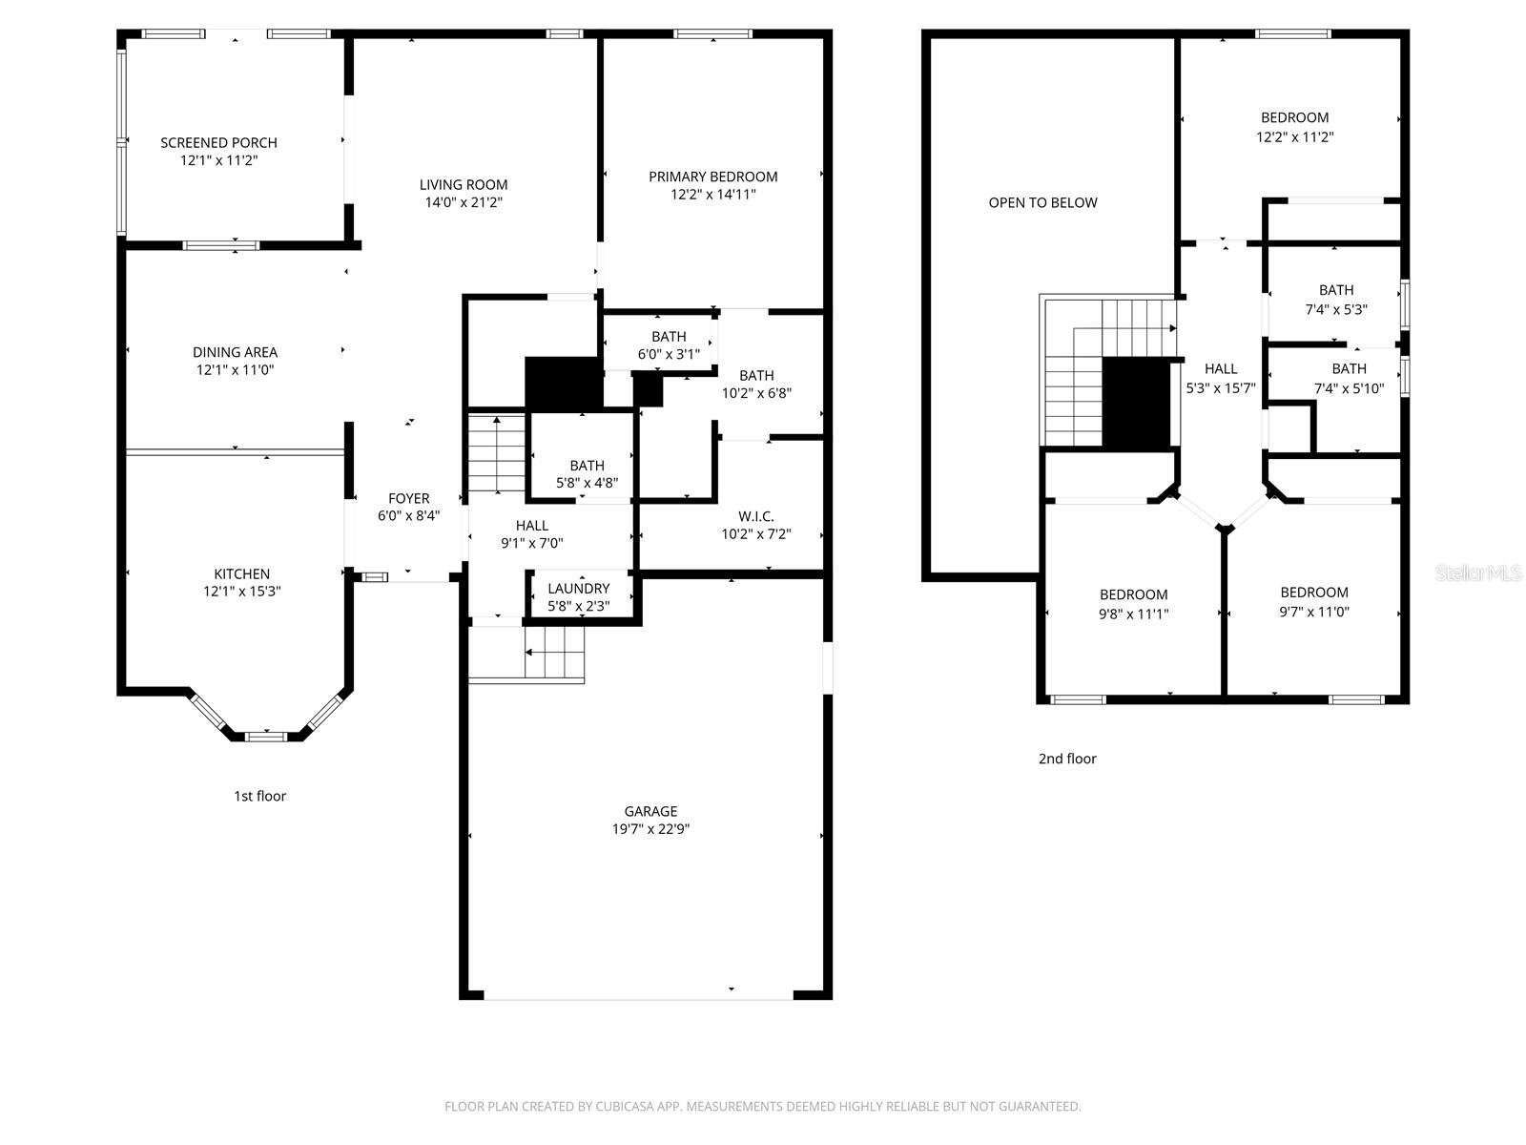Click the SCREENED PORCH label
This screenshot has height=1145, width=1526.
[x=218, y=142]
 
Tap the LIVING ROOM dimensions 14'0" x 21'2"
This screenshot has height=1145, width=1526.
[x=464, y=202]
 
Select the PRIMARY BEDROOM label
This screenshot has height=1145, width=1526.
[x=712, y=177]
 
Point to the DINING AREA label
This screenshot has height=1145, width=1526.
[x=235, y=352]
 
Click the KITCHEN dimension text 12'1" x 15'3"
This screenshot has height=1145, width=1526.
[x=241, y=592]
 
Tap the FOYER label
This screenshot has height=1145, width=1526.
[x=408, y=498]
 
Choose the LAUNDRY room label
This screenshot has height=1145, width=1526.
[x=578, y=589]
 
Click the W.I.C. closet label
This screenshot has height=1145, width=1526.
[x=755, y=516]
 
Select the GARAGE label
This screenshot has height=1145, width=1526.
[x=650, y=811]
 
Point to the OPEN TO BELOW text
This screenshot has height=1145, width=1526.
[x=1042, y=202]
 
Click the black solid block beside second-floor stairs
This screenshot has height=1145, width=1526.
[x=1136, y=403]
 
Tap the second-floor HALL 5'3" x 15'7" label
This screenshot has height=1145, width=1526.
[x=1221, y=378]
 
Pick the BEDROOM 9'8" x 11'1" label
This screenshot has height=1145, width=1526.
[x=1133, y=594]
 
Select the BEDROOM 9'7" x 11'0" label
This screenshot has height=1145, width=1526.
[x=1313, y=593]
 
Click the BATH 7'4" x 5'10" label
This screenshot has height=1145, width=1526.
[x=1349, y=369]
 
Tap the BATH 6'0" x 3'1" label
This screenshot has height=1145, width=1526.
[x=669, y=337]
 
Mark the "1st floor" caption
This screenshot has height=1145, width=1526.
[x=259, y=796]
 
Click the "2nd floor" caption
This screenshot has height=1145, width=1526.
[x=1067, y=759]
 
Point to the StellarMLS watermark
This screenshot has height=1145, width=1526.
[x=1477, y=573]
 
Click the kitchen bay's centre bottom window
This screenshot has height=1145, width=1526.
[x=265, y=736]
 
